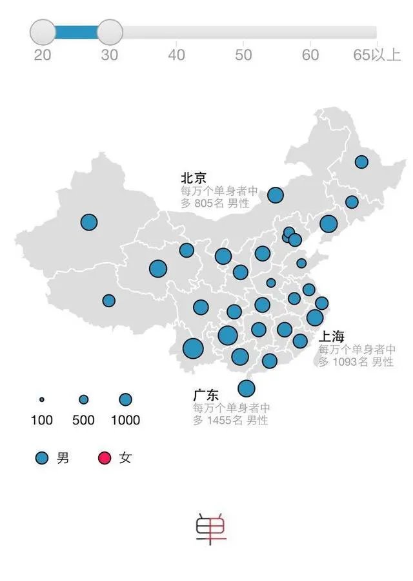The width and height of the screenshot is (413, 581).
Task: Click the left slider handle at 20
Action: coord(43,32)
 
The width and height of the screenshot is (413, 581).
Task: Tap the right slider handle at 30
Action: coord(110,32)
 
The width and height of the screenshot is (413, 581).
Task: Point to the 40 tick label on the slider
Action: coord(177,55)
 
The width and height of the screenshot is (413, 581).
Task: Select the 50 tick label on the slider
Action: coord(243,55)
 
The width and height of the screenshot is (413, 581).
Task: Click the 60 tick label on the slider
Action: coord(310,55)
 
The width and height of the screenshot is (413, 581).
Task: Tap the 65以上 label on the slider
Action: coord(377,55)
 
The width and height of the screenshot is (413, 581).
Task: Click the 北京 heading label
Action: coord(194,178)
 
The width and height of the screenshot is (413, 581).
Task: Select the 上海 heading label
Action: coord(331,337)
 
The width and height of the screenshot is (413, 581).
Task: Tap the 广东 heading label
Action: coord(206,395)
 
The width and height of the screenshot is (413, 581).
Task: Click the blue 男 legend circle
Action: coord(42,458)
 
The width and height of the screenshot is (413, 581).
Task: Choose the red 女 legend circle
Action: coord(104,458)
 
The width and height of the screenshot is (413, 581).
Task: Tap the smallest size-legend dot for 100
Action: coord(42,399)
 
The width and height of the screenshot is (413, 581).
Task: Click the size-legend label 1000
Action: coord(125,420)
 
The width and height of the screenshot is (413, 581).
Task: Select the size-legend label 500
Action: coord(83,420)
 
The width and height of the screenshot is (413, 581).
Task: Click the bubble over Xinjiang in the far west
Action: coord(89,222)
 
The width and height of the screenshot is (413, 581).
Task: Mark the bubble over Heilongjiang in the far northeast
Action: coord(361,162)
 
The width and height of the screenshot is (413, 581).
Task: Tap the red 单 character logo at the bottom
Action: coord(211,528)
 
